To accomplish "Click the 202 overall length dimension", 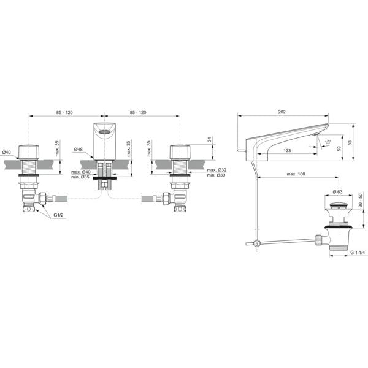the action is tap(282, 112).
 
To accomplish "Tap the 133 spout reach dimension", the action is tap(287, 150).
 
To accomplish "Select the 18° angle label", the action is tap(328, 142).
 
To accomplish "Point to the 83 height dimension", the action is tap(350, 143).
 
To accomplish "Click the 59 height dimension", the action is tap(339, 148).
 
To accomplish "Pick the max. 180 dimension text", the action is tap(296, 174).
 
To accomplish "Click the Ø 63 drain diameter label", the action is tap(338, 192).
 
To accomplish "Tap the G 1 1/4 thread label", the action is tap(358, 252).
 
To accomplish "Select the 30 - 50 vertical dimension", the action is tap(360, 200).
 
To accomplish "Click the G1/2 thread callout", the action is tap(58, 215).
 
